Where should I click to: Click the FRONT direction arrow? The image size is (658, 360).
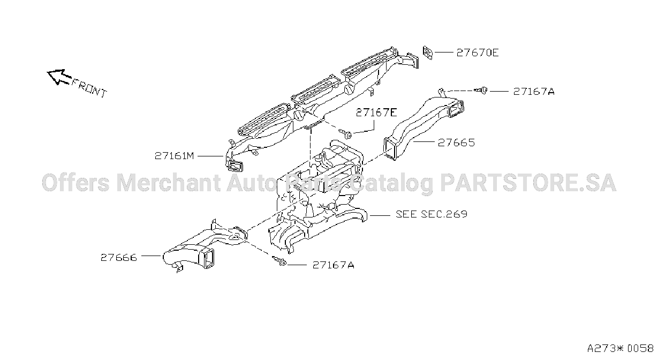pyautogui.click(x=59, y=77)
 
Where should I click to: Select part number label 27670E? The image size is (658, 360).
pyautogui.click(x=478, y=53)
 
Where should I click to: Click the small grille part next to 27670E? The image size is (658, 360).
pyautogui.click(x=428, y=53)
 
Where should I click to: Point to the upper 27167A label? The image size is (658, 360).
pyautogui.click(x=534, y=92)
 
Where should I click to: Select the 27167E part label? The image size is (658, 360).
pyautogui.click(x=376, y=112)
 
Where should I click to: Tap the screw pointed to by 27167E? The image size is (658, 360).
pyautogui.click(x=346, y=134)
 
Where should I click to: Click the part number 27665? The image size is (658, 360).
pyautogui.click(x=456, y=143)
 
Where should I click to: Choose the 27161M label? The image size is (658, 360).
pyautogui.click(x=174, y=156)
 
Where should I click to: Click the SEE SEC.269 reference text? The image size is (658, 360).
pyautogui.click(x=431, y=214)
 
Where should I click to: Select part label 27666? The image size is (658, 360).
pyautogui.click(x=119, y=258)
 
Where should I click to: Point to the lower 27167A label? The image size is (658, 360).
pyautogui.click(x=333, y=265)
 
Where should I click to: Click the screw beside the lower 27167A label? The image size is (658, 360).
pyautogui.click(x=279, y=261)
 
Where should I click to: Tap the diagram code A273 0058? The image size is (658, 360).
pyautogui.click(x=620, y=349)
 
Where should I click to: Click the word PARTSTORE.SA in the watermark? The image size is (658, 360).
pyautogui.click(x=528, y=183)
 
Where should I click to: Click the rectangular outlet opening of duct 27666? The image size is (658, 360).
pyautogui.click(x=207, y=258)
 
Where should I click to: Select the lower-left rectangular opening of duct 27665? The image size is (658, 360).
pyautogui.click(x=391, y=148)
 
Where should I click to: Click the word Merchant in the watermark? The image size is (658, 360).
pyautogui.click(x=168, y=183)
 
